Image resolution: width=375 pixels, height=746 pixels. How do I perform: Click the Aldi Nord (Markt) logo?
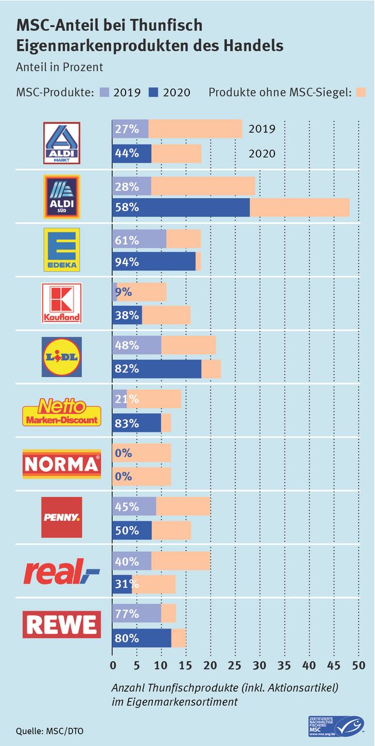coord(62,143)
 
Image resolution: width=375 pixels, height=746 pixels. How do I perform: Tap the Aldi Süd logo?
coord(62,196)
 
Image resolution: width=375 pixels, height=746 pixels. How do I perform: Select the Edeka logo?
coord(62,250)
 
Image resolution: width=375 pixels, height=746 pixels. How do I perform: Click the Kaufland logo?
coord(62,303)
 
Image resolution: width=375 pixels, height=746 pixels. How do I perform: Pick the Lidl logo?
coord(62,357)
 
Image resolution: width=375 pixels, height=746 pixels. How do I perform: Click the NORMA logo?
coord(61,464)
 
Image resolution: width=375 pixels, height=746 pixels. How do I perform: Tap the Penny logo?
coord(62,517)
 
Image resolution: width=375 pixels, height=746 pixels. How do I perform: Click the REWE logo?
coord(61,624)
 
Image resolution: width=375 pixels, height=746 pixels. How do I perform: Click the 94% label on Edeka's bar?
coord(127,262)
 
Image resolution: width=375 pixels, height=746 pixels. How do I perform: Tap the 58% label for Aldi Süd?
coord(127,208)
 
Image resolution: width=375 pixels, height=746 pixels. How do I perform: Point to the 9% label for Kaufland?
coord(123,292)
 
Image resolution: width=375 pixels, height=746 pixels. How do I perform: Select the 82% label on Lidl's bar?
coord(127,369)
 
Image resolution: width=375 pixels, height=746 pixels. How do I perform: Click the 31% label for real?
coord(127,583)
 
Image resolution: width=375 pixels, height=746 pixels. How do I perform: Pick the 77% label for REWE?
coord(127,614)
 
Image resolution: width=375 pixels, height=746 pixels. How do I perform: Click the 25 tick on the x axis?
coord(235,665)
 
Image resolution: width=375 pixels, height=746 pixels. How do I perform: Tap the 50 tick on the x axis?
coord(358,665)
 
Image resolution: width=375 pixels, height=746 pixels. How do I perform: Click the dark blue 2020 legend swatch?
coord(154,92)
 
